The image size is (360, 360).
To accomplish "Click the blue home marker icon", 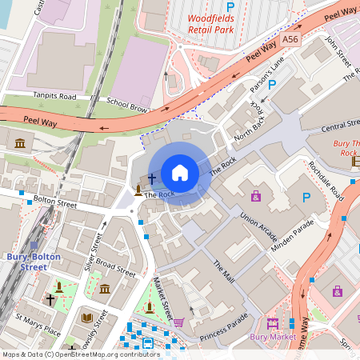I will pos(180,173).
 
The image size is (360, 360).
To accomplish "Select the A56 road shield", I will pos(290,38).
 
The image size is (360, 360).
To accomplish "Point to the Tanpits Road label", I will pos(54,95).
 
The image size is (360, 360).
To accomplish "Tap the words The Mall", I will pos(223,272).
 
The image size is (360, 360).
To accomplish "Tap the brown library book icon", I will pos(87,318).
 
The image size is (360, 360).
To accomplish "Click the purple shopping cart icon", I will pos(179,323).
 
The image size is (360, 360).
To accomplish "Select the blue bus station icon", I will pos(148,343).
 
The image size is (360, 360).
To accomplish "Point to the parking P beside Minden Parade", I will pos(305,197).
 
